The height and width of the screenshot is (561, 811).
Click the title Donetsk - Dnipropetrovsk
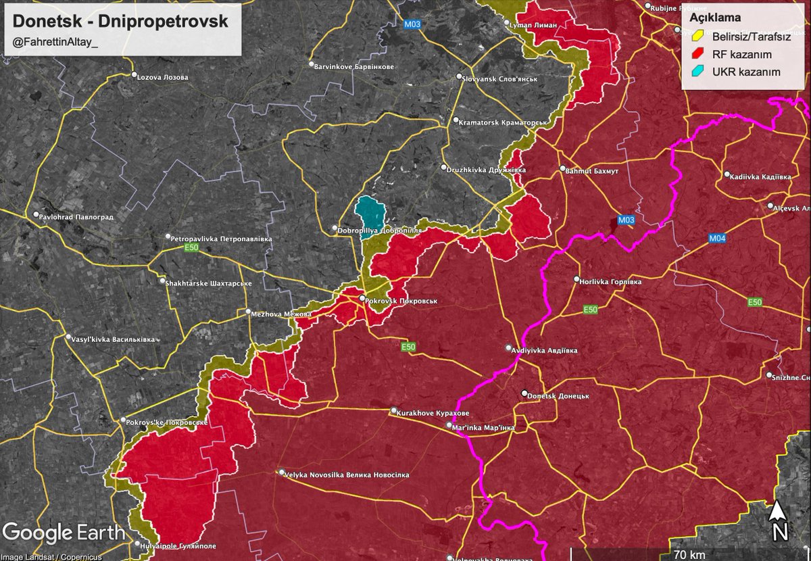(120, 21)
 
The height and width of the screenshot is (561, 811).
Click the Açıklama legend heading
(715, 18)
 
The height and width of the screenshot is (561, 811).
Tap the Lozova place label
(162, 77)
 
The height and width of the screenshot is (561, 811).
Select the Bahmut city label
(591, 171)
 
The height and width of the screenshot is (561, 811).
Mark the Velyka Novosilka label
(346, 474)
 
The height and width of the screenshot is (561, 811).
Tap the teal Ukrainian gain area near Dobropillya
(370, 213)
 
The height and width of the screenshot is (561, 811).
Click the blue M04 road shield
(717, 238)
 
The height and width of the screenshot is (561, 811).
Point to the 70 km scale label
(689, 555)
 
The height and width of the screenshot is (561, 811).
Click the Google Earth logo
(64, 533)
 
